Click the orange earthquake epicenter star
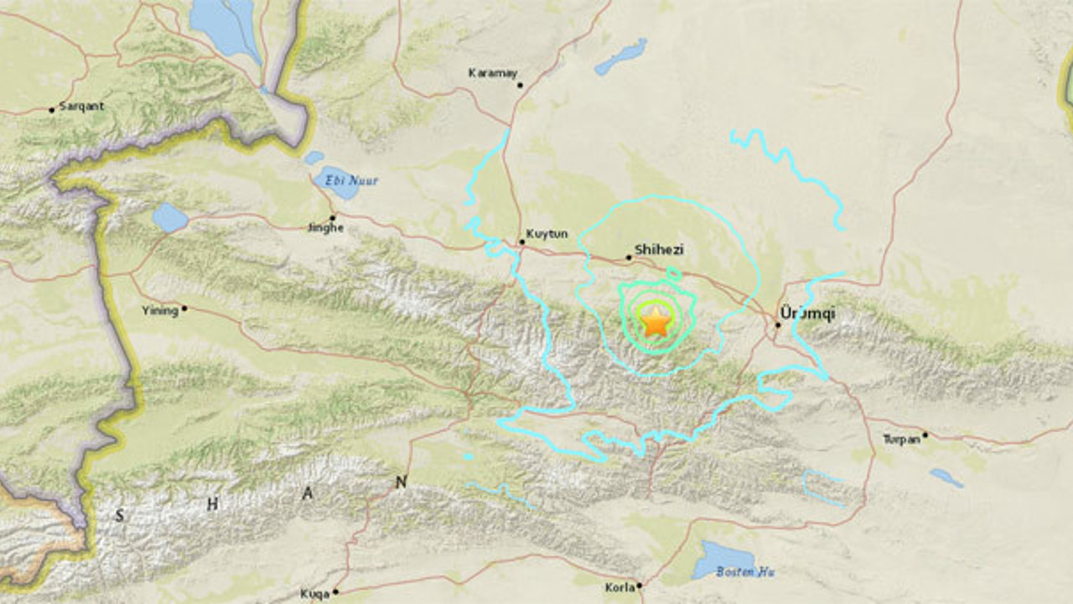[x=656, y=321]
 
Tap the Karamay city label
[x=492, y=73]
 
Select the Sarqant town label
[x=81, y=107]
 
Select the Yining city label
[x=160, y=310]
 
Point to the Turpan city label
[x=901, y=439]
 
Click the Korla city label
[x=619, y=588]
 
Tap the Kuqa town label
[x=315, y=595]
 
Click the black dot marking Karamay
[x=520, y=85]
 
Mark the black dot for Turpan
[x=925, y=435]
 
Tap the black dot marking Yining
[x=184, y=309]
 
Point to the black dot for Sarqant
[x=52, y=109]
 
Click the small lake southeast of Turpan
[x=946, y=477]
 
